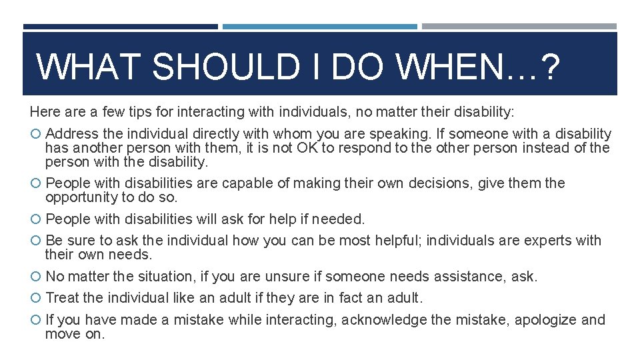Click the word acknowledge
point(383,320)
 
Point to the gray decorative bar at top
point(519,27)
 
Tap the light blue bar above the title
point(320,27)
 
